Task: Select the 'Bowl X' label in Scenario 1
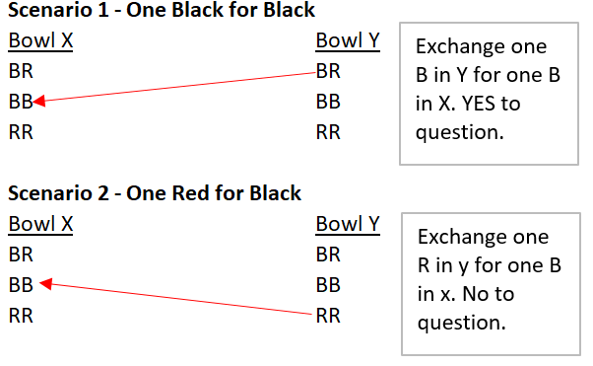pyautogui.click(x=40, y=41)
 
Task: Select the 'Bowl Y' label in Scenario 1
pyautogui.click(x=348, y=41)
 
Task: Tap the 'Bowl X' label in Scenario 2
pyautogui.click(x=40, y=224)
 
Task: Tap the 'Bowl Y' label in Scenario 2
pyautogui.click(x=348, y=224)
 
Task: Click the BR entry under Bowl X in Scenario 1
pyautogui.click(x=21, y=71)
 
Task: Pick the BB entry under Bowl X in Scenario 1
pyautogui.click(x=21, y=102)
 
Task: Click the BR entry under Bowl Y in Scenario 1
pyautogui.click(x=328, y=71)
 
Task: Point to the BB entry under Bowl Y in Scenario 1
pyautogui.click(x=328, y=102)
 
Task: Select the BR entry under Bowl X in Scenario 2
pyautogui.click(x=21, y=255)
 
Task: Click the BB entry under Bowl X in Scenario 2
pyautogui.click(x=21, y=285)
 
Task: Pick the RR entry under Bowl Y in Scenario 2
pyautogui.click(x=328, y=316)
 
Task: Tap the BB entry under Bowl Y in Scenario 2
pyautogui.click(x=328, y=285)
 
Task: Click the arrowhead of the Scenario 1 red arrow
pyautogui.click(x=39, y=100)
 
